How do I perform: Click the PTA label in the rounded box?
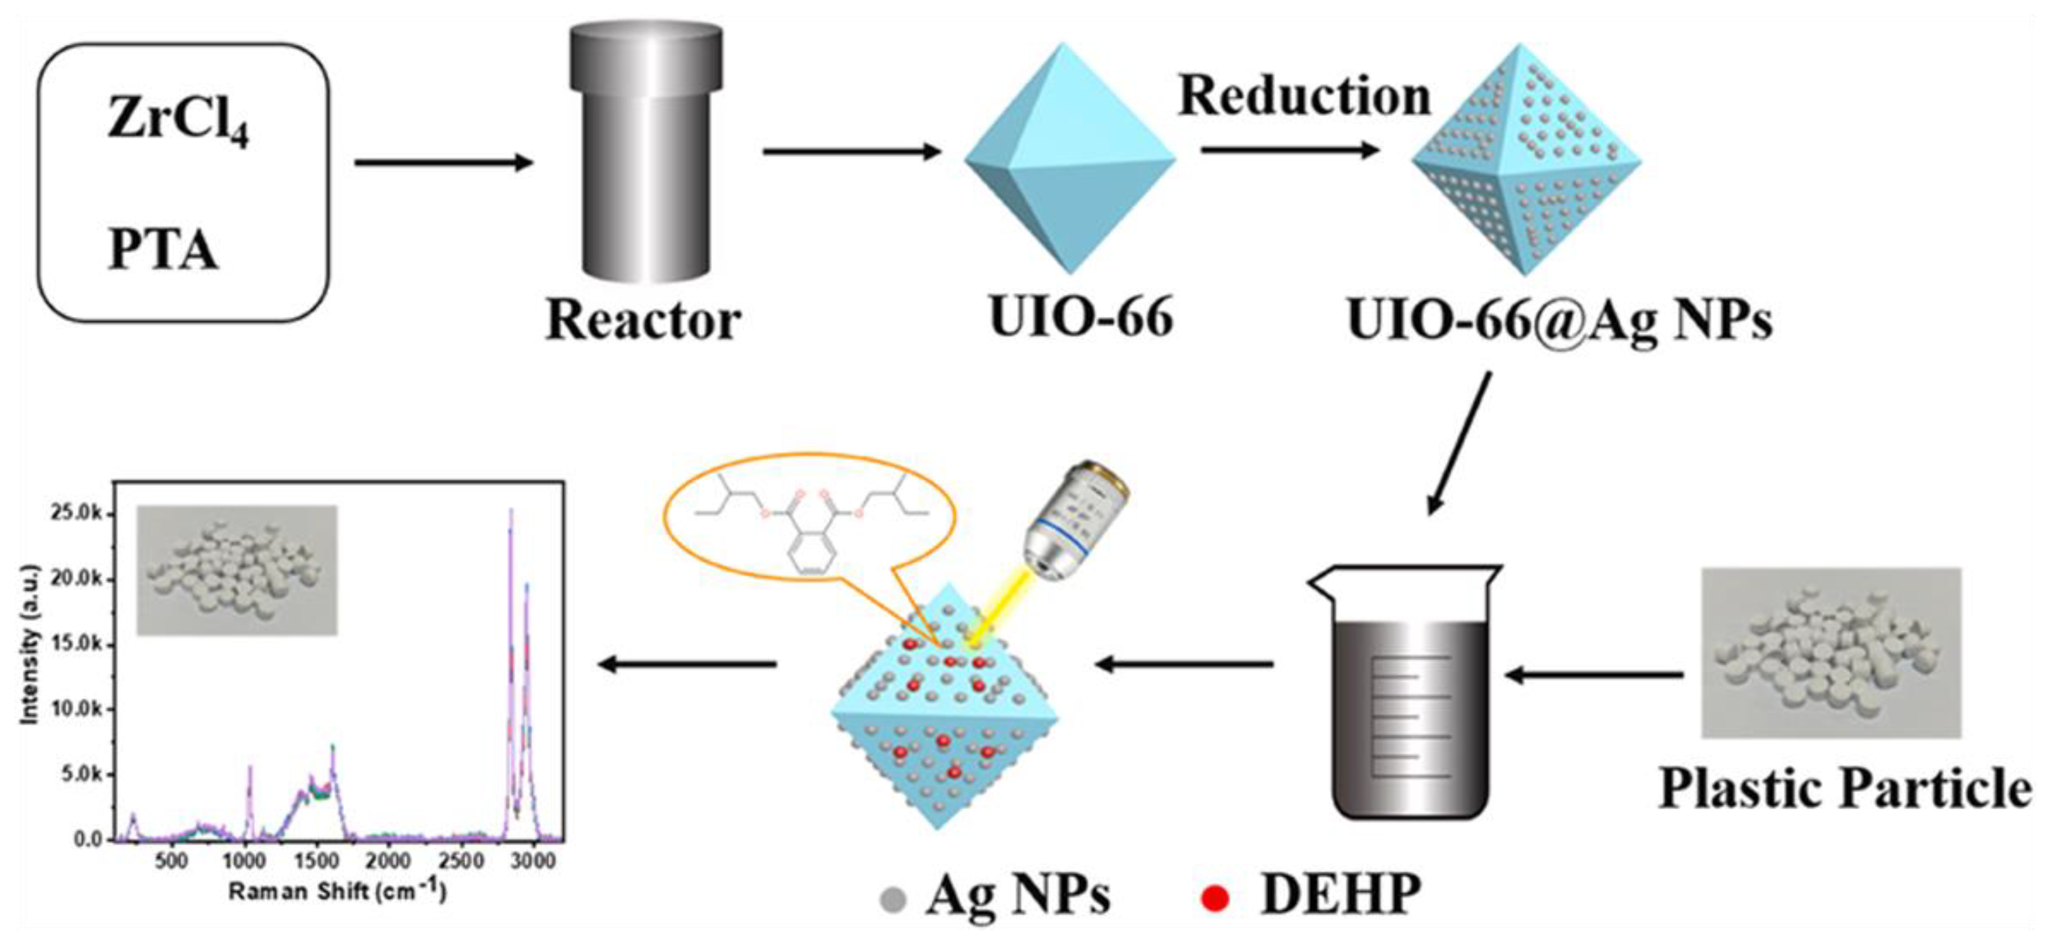[x=163, y=251]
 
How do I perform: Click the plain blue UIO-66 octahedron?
[x=1070, y=159]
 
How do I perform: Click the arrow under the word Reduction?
[x=1290, y=149]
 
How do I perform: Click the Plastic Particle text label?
[x=1843, y=789]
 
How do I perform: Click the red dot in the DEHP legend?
[x=1214, y=899]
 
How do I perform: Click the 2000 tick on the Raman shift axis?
[x=388, y=861]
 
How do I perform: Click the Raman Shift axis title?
[x=338, y=892]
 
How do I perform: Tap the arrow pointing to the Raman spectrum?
[x=687, y=664]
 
